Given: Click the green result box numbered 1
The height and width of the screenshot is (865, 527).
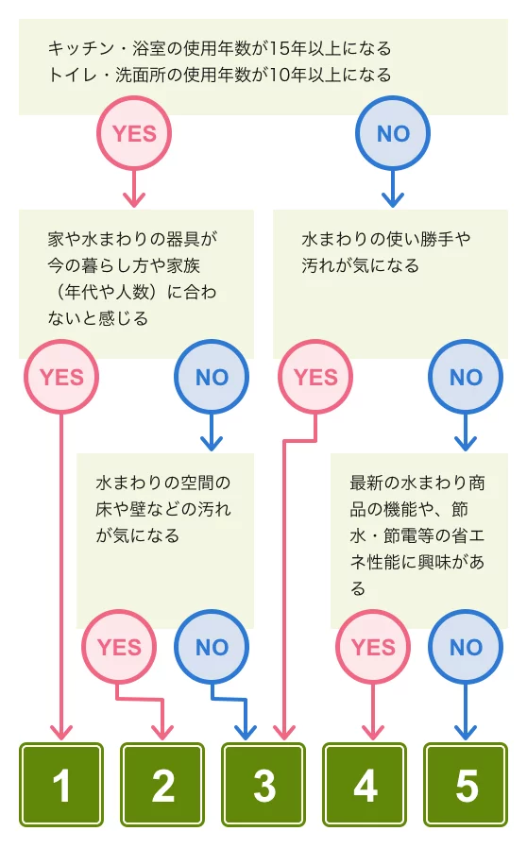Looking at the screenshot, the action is [x=61, y=785].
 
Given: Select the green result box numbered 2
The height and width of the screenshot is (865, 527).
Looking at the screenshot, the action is [x=162, y=785].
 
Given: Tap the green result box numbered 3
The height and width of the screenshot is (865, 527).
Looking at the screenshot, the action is [x=263, y=785].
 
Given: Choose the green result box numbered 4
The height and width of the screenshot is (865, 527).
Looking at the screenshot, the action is [x=365, y=785].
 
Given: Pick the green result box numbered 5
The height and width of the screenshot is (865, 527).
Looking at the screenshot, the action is [x=466, y=785].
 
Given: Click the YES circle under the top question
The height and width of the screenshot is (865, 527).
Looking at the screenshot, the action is [x=134, y=133].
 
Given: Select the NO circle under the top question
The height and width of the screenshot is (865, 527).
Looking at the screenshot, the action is [x=393, y=133].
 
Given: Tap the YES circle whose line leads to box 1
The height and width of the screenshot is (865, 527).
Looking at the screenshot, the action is [x=61, y=377].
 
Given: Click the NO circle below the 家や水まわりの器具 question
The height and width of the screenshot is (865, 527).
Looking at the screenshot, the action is [x=212, y=377].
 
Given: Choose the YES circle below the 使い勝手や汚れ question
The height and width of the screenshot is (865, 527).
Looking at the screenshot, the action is [x=315, y=377].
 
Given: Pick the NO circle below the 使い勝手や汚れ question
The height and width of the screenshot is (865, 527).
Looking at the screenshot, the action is [x=466, y=377].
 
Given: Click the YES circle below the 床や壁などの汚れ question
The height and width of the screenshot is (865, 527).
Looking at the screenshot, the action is [x=119, y=647].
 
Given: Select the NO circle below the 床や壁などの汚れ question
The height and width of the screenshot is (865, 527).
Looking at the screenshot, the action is [x=212, y=647].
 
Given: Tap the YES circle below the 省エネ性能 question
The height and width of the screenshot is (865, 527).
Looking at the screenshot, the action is [x=373, y=647].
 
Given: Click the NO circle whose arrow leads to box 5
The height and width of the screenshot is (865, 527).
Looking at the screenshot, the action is [x=466, y=647].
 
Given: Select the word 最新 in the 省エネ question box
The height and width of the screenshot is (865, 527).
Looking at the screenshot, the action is [x=366, y=483].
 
